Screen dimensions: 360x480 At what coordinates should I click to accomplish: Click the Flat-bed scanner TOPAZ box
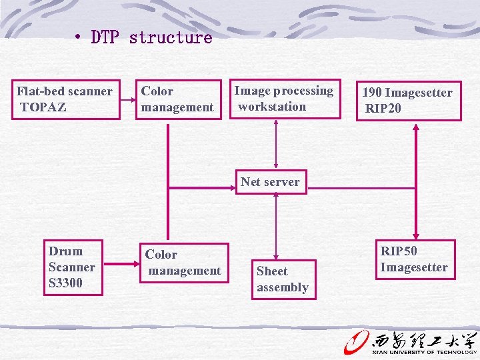(67, 99)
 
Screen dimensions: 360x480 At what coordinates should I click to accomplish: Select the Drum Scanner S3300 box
(73, 267)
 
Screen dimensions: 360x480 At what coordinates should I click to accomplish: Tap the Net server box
(271, 181)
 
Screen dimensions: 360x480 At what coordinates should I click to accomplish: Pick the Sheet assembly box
(283, 279)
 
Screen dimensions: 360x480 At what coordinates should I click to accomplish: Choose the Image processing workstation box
(284, 99)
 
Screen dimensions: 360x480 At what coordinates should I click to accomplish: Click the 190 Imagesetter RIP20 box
(407, 101)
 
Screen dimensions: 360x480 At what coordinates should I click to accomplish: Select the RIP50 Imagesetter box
(415, 259)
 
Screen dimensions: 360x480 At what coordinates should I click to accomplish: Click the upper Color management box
(179, 99)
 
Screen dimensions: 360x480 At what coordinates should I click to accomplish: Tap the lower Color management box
(183, 263)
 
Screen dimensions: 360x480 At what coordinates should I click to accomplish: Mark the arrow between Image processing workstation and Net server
(276, 145)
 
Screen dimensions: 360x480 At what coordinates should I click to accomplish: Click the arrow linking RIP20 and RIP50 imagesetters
(416, 180)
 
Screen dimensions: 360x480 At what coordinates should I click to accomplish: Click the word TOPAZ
(43, 107)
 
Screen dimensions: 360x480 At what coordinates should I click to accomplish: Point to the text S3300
(65, 283)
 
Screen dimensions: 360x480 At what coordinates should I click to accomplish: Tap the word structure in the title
(171, 37)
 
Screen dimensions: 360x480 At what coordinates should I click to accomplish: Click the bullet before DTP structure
(79, 37)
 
